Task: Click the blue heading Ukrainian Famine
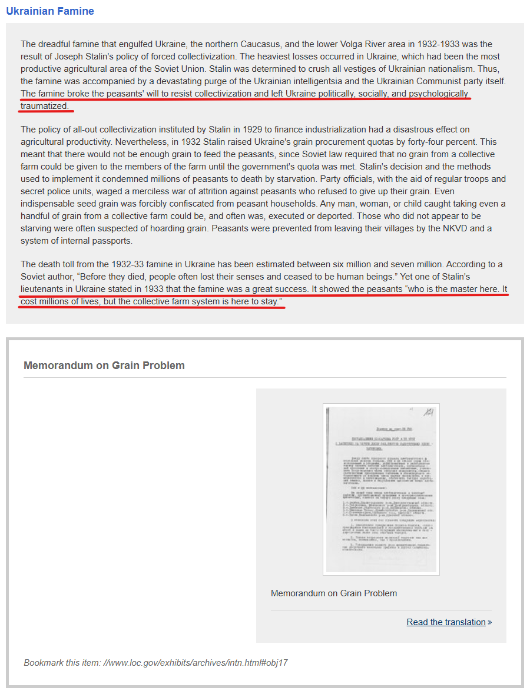coord(50,11)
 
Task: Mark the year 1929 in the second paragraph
coord(235,129)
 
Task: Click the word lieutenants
coord(45,289)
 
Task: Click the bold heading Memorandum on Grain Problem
coord(104,366)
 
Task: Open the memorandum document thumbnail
coord(381,489)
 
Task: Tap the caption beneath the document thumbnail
coord(334,593)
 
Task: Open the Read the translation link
coord(446,622)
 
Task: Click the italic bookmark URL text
coord(196,663)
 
